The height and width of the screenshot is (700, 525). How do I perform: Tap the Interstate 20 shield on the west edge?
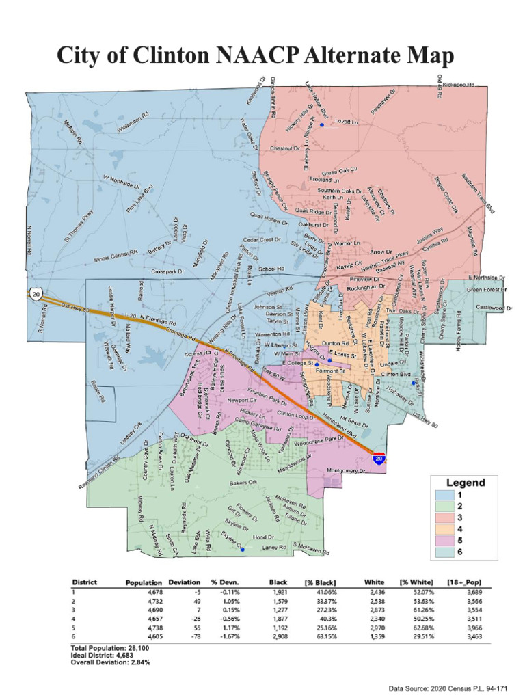[x=34, y=293]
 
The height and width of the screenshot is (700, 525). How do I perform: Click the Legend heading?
[x=466, y=482]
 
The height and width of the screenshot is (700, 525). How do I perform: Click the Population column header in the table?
[x=144, y=582]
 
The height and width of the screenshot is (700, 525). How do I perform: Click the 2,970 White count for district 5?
[x=377, y=627]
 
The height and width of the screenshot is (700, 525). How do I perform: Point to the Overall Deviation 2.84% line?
[x=111, y=662]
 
